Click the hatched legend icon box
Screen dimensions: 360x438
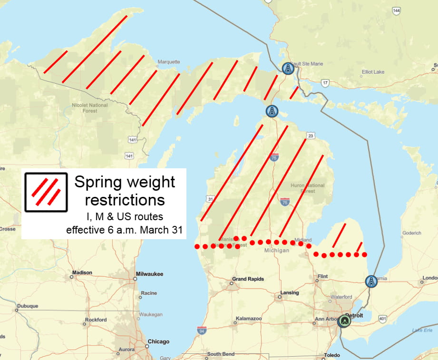click(46, 192)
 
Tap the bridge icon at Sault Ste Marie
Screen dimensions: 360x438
click(287, 69)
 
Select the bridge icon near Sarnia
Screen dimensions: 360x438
click(371, 282)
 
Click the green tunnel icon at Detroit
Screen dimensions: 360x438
click(343, 321)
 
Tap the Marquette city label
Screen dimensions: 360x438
click(169, 62)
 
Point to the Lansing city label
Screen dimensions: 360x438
click(289, 292)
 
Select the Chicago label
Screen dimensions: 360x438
click(158, 341)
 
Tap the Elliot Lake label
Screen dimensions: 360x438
click(373, 72)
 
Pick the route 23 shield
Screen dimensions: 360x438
click(310, 136)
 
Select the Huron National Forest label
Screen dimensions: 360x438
click(307, 188)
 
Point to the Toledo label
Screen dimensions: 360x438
click(332, 355)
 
